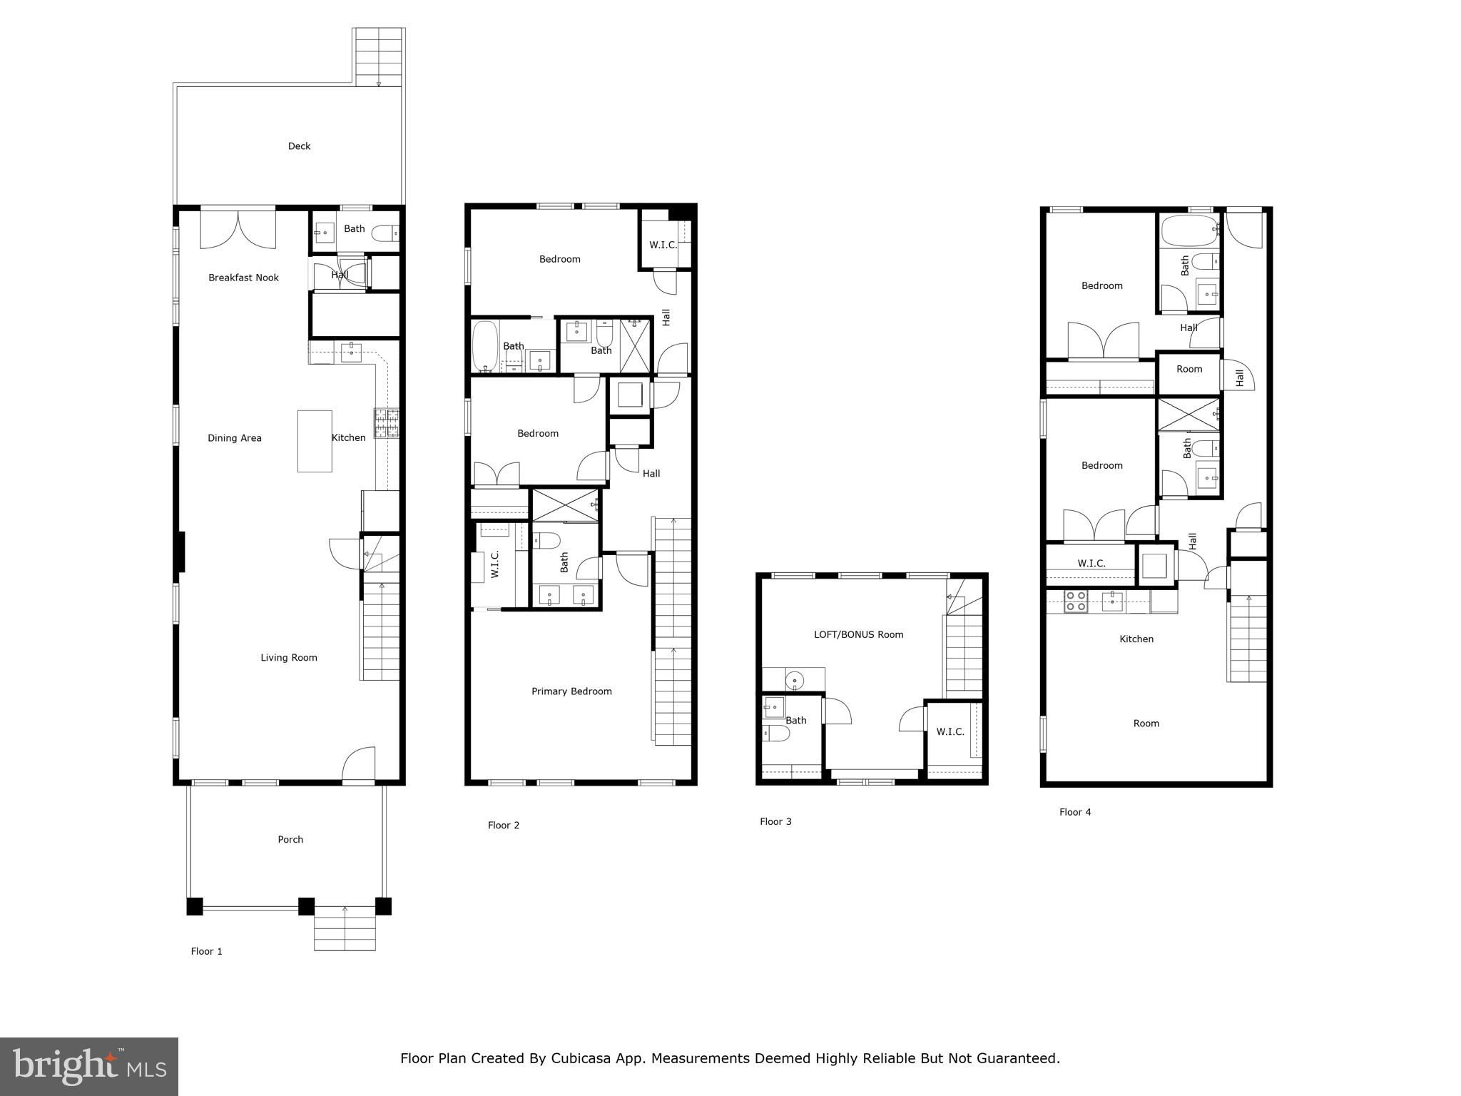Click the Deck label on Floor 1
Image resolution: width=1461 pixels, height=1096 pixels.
(299, 146)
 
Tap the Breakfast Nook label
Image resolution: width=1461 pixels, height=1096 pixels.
(243, 278)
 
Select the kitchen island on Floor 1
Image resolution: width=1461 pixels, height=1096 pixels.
(315, 441)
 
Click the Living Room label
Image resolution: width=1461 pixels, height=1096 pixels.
(289, 658)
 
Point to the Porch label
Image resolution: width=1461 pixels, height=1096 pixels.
(290, 840)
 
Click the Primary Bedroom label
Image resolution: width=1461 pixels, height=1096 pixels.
(571, 691)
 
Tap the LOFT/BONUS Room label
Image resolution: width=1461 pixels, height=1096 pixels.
(859, 634)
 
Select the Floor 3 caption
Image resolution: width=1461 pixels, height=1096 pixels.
(775, 822)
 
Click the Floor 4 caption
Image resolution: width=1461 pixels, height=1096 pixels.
(1075, 812)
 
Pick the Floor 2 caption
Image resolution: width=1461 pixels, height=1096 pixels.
(504, 826)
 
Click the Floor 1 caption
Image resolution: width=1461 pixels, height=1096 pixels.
(207, 951)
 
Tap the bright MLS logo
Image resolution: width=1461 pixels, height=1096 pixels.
(89, 1066)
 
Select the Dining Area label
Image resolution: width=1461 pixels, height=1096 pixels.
(235, 438)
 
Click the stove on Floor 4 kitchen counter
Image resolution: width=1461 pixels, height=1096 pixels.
(1076, 602)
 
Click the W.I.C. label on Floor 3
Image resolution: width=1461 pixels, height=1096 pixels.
(950, 732)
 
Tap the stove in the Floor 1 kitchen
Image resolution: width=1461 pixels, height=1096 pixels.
(387, 422)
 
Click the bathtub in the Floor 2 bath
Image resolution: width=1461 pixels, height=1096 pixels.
(485, 347)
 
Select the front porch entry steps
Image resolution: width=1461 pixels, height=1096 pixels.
(345, 928)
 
